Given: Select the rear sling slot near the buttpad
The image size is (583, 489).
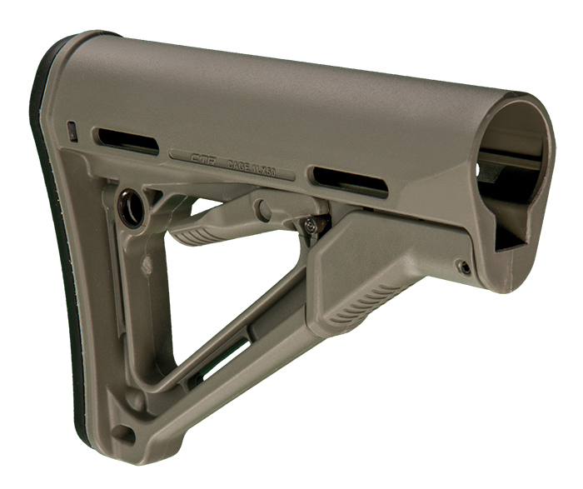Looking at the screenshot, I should click(x=126, y=141).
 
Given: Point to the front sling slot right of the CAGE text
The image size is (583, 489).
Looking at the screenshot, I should click(x=349, y=181).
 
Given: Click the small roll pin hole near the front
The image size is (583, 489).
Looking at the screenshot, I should click(x=465, y=267).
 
